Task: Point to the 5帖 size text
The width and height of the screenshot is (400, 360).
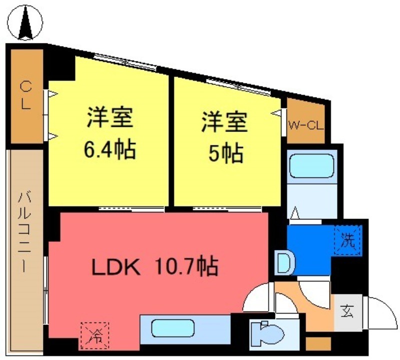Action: (x=225, y=152)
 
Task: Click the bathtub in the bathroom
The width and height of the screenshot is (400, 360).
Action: (x=311, y=164)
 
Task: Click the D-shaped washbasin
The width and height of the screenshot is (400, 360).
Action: (x=283, y=261)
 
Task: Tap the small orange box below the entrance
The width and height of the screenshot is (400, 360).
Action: (x=314, y=344)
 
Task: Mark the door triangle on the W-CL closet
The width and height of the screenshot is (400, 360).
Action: (x=275, y=114)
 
